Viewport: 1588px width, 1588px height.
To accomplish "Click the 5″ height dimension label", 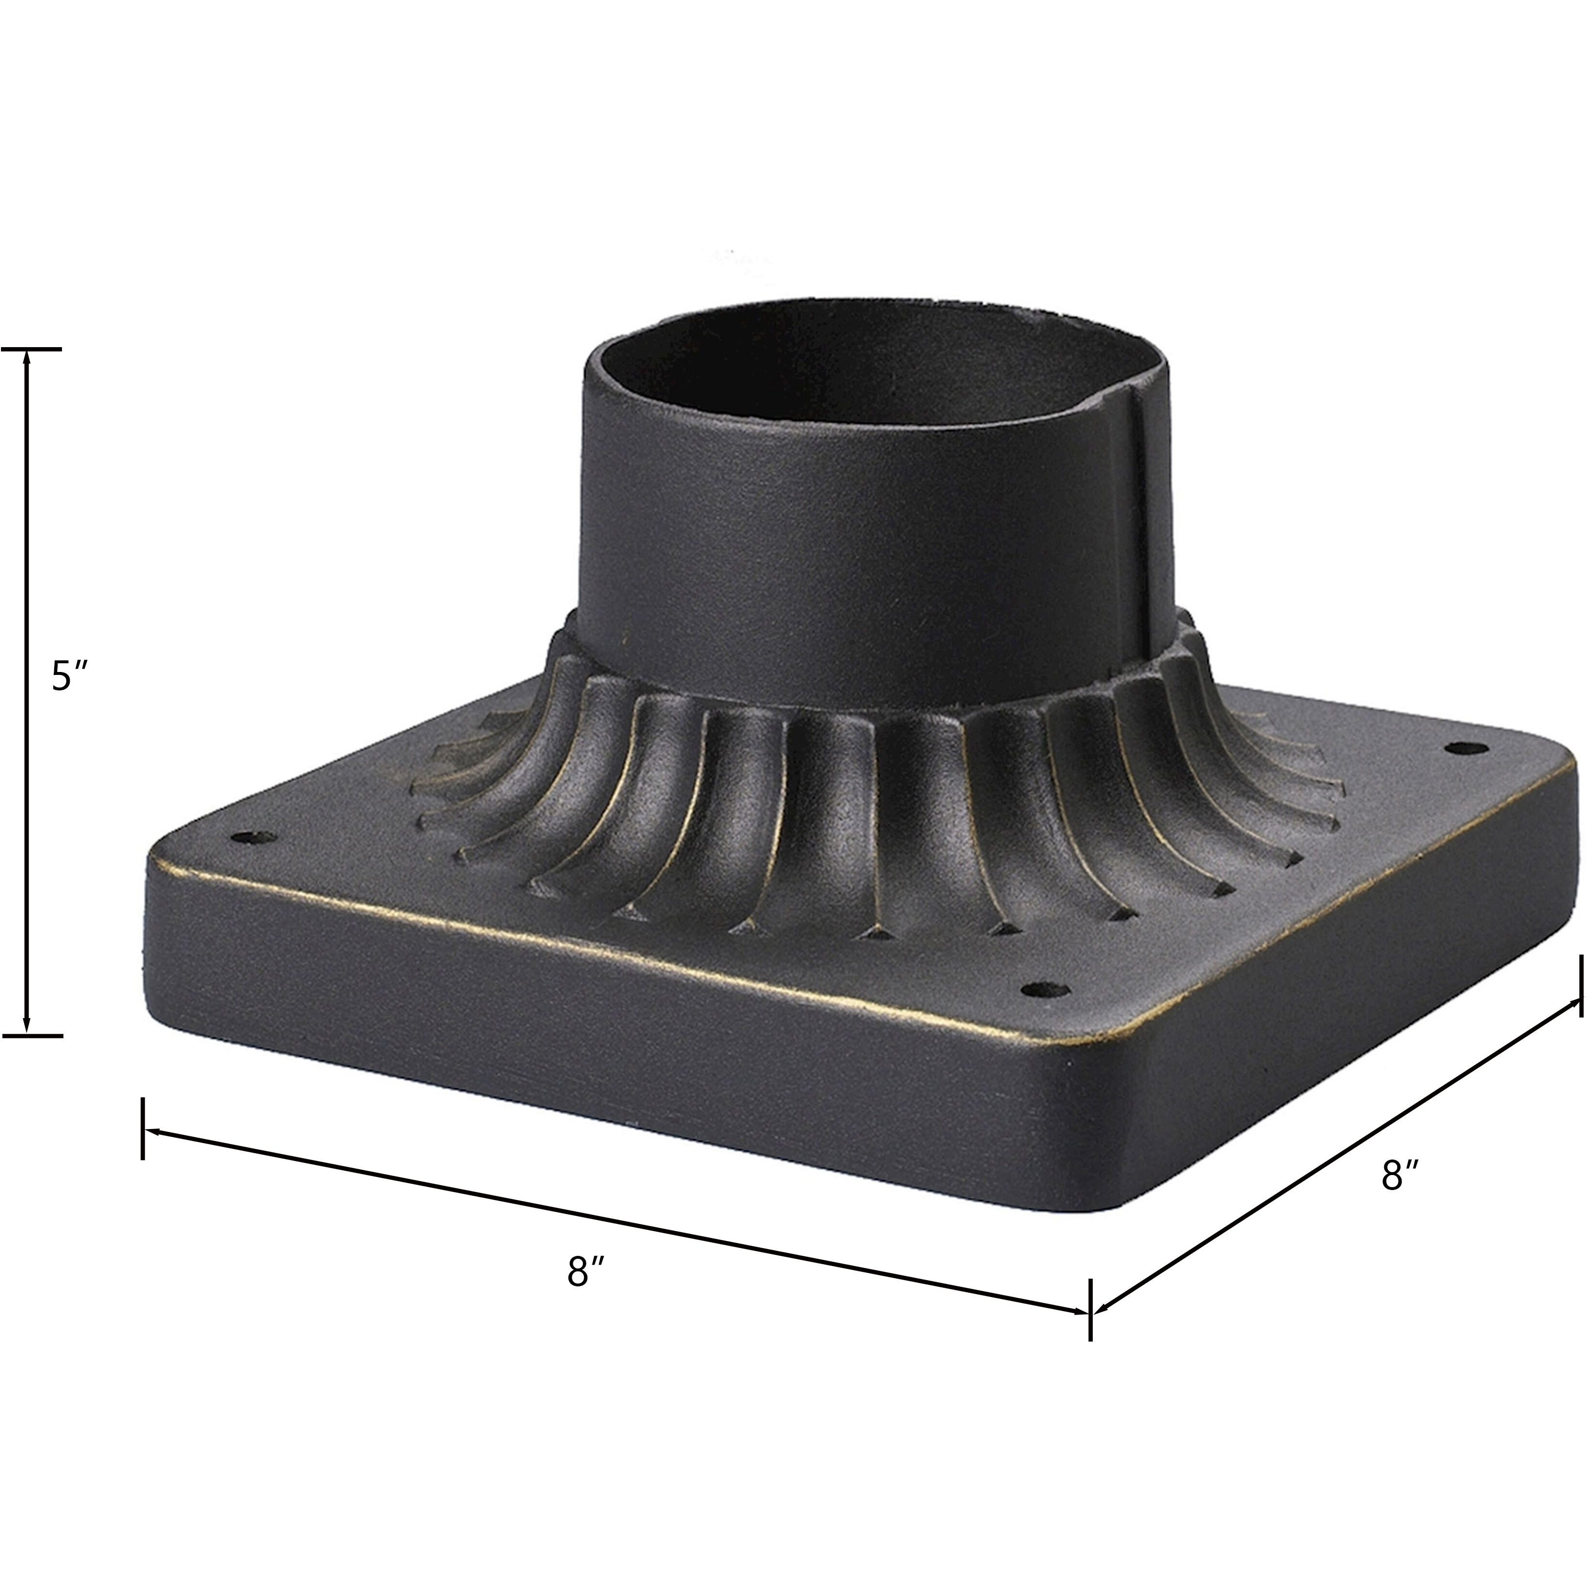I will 69,676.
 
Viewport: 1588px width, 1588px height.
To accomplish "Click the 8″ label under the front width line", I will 586,1273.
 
